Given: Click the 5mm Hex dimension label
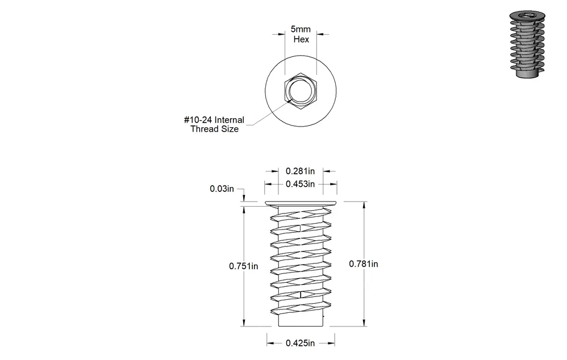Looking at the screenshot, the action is [301, 34].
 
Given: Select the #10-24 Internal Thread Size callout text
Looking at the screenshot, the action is [214, 124].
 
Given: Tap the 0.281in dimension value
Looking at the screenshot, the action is [300, 171].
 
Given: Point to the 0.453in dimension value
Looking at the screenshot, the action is [300, 184].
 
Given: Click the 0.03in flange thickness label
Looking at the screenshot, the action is [222, 189].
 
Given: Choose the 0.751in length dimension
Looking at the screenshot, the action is [243, 266].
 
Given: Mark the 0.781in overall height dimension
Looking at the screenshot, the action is [364, 264].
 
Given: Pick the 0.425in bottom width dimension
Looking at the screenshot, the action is [300, 343].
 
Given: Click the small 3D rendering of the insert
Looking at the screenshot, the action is [527, 44].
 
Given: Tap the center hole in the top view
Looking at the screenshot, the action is [301, 91].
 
